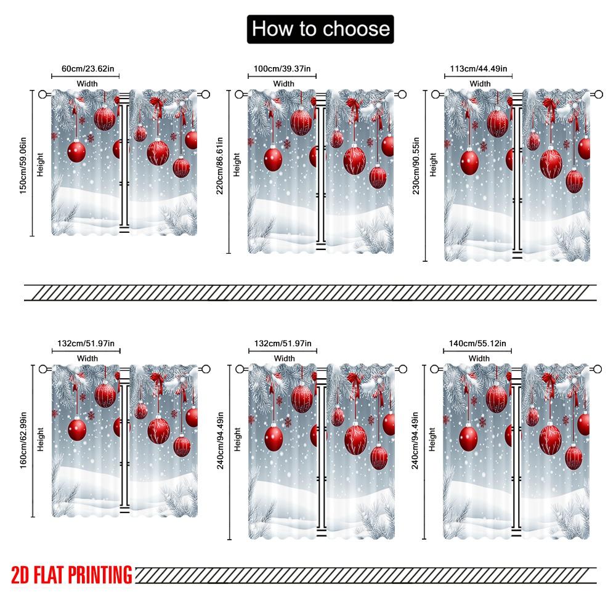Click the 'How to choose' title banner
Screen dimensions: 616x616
point(320,29)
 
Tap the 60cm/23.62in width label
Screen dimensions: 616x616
point(86,69)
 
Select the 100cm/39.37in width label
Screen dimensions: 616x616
point(282,69)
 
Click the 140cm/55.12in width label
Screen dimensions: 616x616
point(479,343)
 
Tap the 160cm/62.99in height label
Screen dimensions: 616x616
point(23,441)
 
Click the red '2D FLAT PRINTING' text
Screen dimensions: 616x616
point(71,575)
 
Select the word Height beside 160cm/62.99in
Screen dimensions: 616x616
point(40,441)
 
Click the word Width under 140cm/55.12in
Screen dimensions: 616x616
point(479,358)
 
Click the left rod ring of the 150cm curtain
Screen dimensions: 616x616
point(43,94)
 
